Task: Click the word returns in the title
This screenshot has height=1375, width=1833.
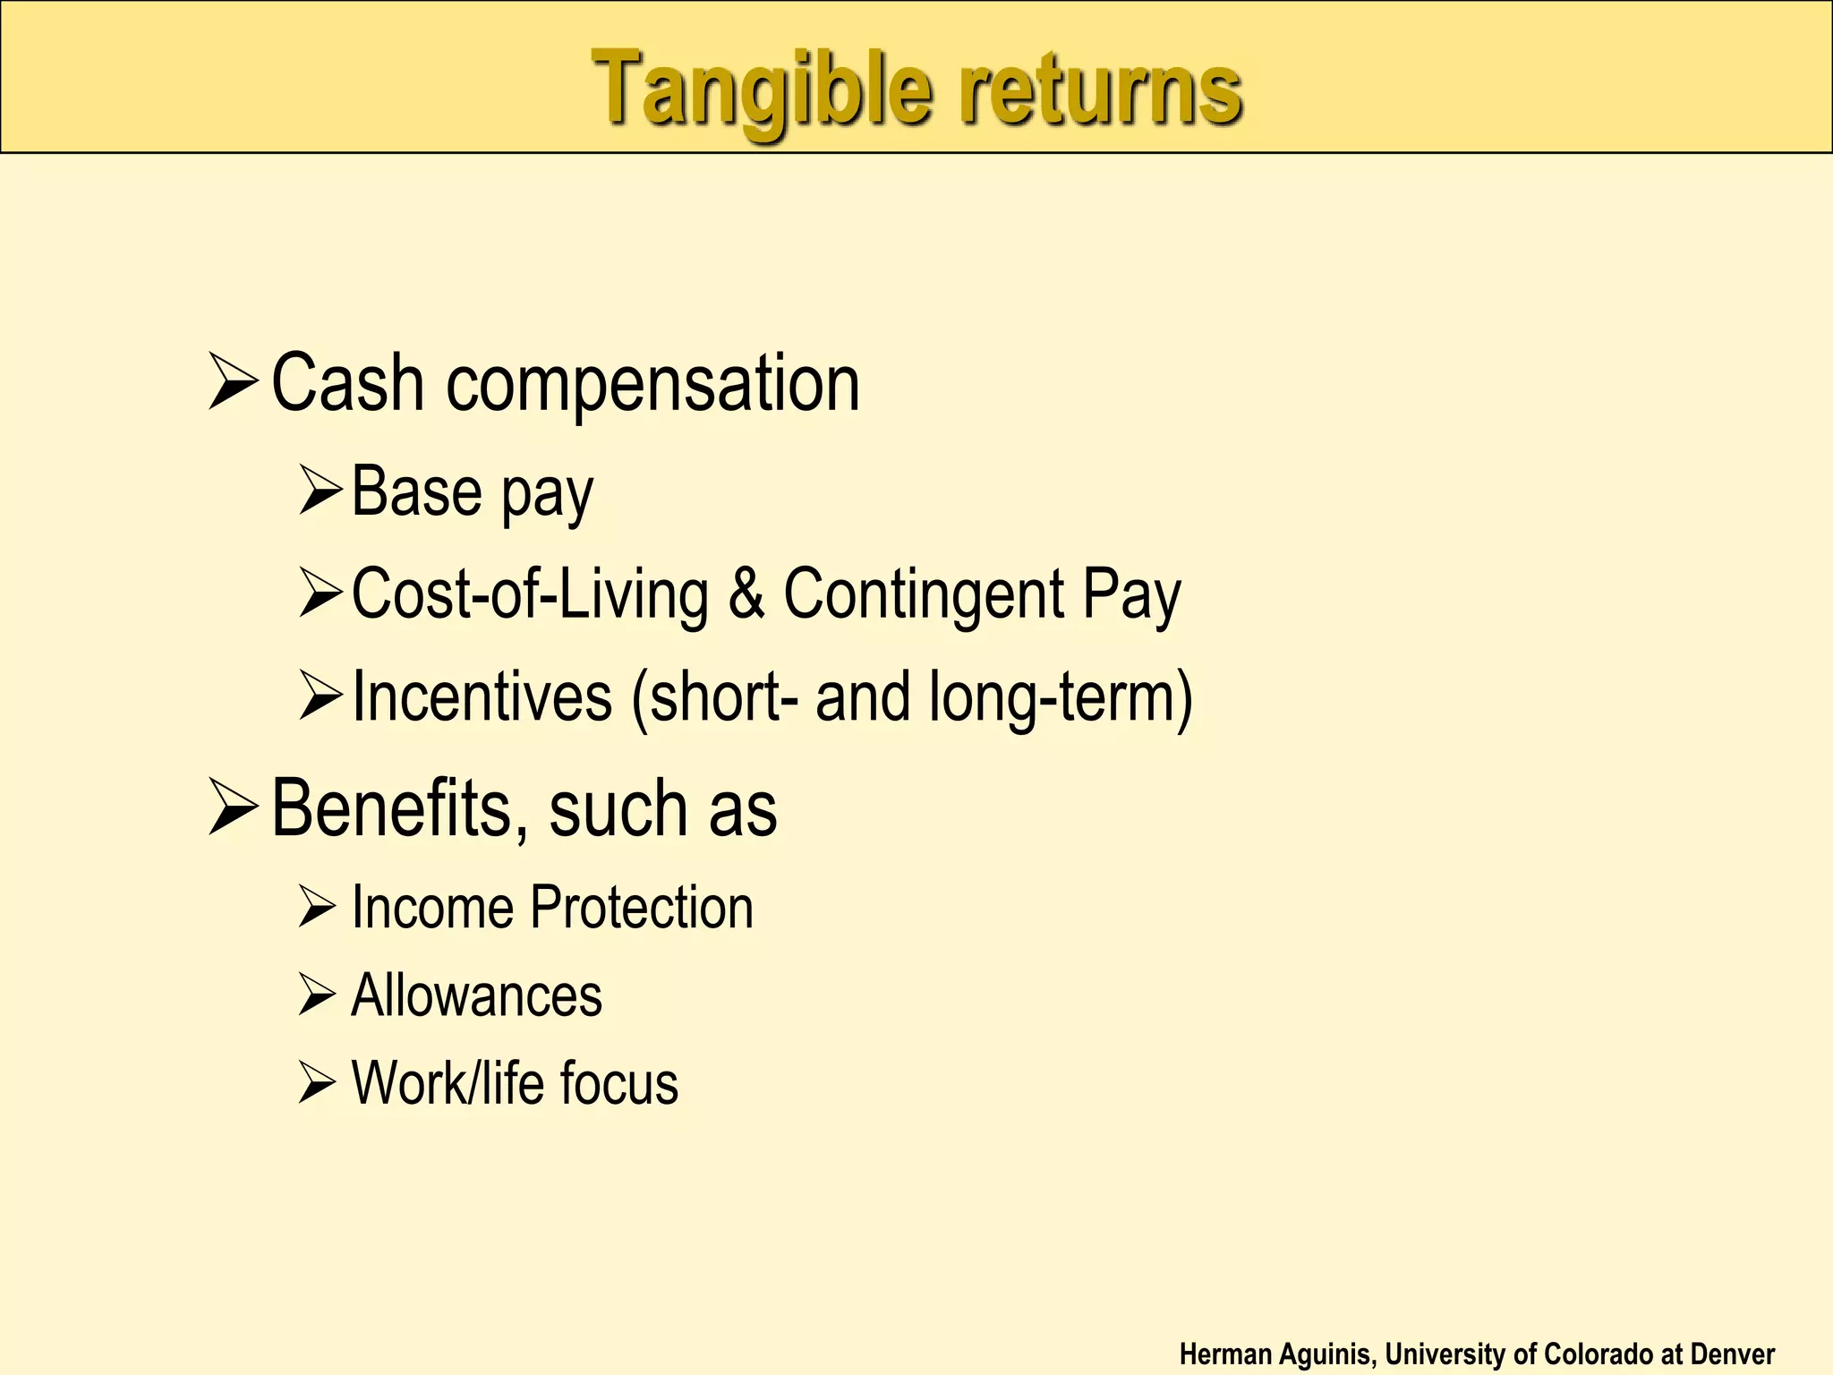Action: (x=1100, y=90)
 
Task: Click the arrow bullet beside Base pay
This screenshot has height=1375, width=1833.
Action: (x=320, y=491)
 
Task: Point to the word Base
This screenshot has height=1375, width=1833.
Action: (x=417, y=491)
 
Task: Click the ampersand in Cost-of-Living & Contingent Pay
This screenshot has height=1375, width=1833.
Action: (x=746, y=594)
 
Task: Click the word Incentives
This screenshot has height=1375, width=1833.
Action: (x=482, y=696)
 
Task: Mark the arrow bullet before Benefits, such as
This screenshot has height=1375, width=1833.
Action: (x=233, y=807)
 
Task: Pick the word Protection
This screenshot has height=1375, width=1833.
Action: (x=642, y=907)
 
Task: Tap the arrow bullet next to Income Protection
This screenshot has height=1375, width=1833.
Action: (x=317, y=907)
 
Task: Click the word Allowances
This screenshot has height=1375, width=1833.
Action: (x=476, y=995)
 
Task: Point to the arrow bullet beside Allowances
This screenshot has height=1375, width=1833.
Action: (x=317, y=995)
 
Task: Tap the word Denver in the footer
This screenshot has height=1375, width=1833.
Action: (x=1732, y=1354)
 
